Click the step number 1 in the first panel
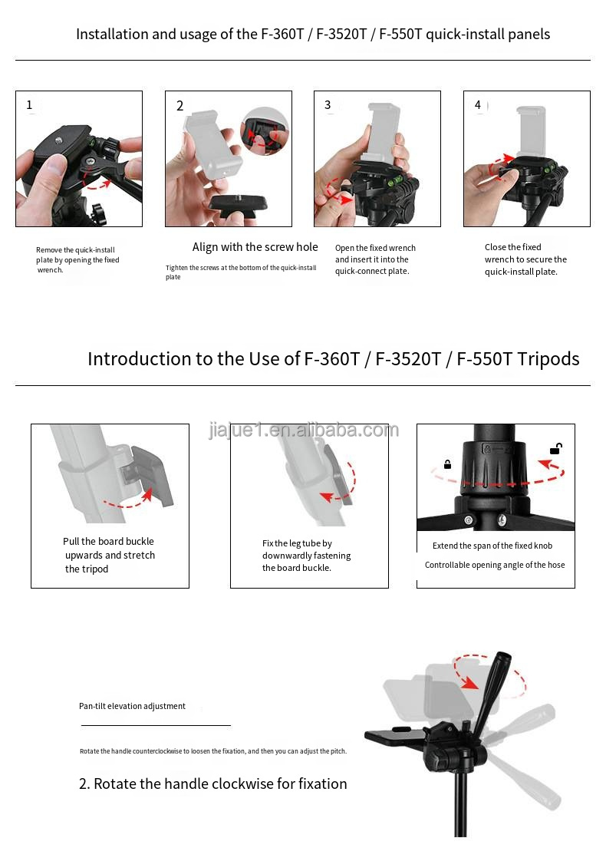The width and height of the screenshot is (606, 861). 30,105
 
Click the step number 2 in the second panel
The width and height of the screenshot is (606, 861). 180,106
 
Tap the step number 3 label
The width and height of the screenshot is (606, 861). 328,105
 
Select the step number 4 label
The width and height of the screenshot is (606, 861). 478,105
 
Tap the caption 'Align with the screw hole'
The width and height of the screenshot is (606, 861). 255,247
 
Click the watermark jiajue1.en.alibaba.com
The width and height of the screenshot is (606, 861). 303,430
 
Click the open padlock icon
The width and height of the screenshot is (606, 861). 556,449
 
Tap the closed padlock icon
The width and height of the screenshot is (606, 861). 446,464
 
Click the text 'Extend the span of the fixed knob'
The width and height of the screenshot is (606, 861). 492,546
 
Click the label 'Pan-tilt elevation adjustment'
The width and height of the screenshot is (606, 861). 132,706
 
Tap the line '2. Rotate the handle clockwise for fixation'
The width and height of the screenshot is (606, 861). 212,783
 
